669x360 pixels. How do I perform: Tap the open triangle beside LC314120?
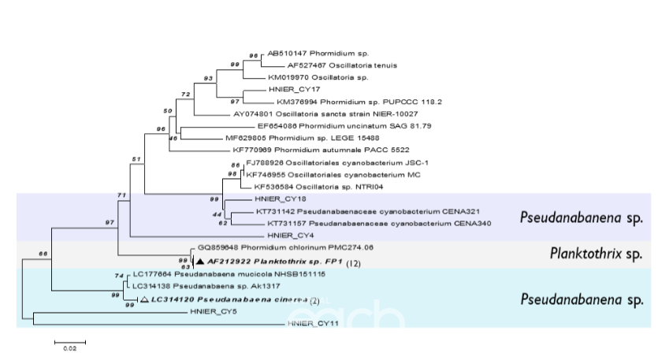click(144, 300)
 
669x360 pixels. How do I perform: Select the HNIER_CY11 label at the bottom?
click(310, 324)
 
